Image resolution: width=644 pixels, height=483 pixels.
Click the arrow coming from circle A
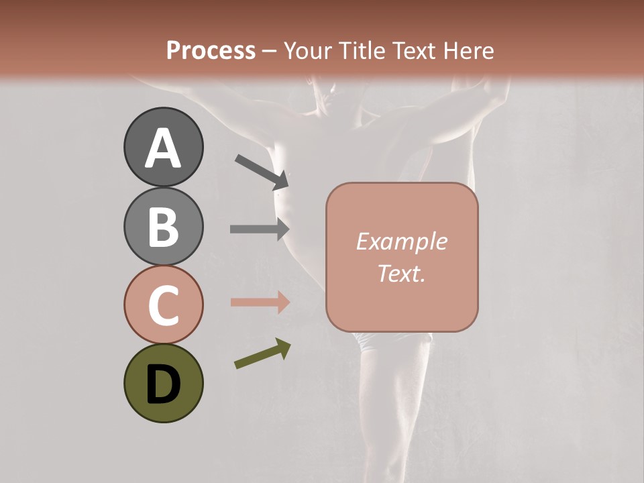262,172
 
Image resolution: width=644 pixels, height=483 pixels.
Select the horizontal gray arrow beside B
260,229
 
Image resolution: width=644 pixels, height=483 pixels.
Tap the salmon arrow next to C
260,302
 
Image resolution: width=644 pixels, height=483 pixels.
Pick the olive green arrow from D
262,354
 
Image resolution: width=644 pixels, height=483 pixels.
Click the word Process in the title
211,51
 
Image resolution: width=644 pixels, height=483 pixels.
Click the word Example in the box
401,241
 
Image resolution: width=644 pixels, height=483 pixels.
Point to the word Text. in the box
401,274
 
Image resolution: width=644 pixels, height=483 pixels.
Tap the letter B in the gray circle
164,227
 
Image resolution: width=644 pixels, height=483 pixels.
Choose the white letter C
164,305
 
